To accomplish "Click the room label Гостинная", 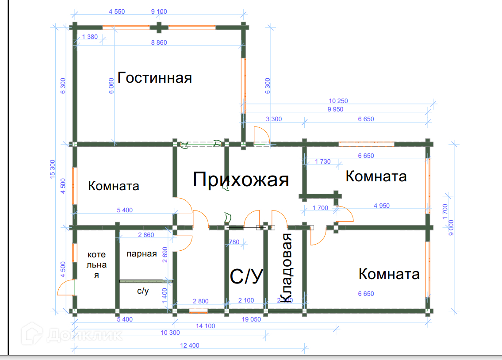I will point(155,78).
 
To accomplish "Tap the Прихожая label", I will point(241,180).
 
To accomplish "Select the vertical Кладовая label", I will point(287,268).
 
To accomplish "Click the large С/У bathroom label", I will point(247,276).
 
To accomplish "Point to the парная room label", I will point(142,254).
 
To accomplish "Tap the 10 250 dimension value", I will point(338,101).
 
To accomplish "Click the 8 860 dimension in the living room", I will point(159,42).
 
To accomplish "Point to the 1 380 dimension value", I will point(90,37).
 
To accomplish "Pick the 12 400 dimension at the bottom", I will point(190,345).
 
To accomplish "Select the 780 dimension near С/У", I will point(234,242).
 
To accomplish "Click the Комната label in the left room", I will point(114,186).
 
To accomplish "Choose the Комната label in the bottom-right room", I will point(389,274).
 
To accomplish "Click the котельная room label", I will point(96,265).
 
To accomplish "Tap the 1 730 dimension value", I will point(323,162).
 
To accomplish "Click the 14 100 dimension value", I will point(206,326).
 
